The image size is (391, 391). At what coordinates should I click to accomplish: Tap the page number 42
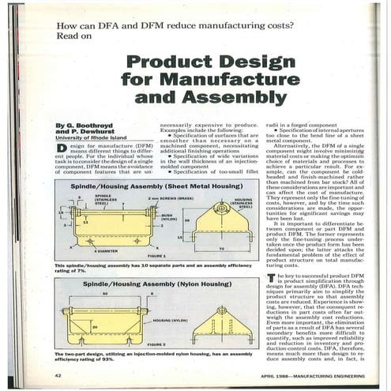pos(58,374)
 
